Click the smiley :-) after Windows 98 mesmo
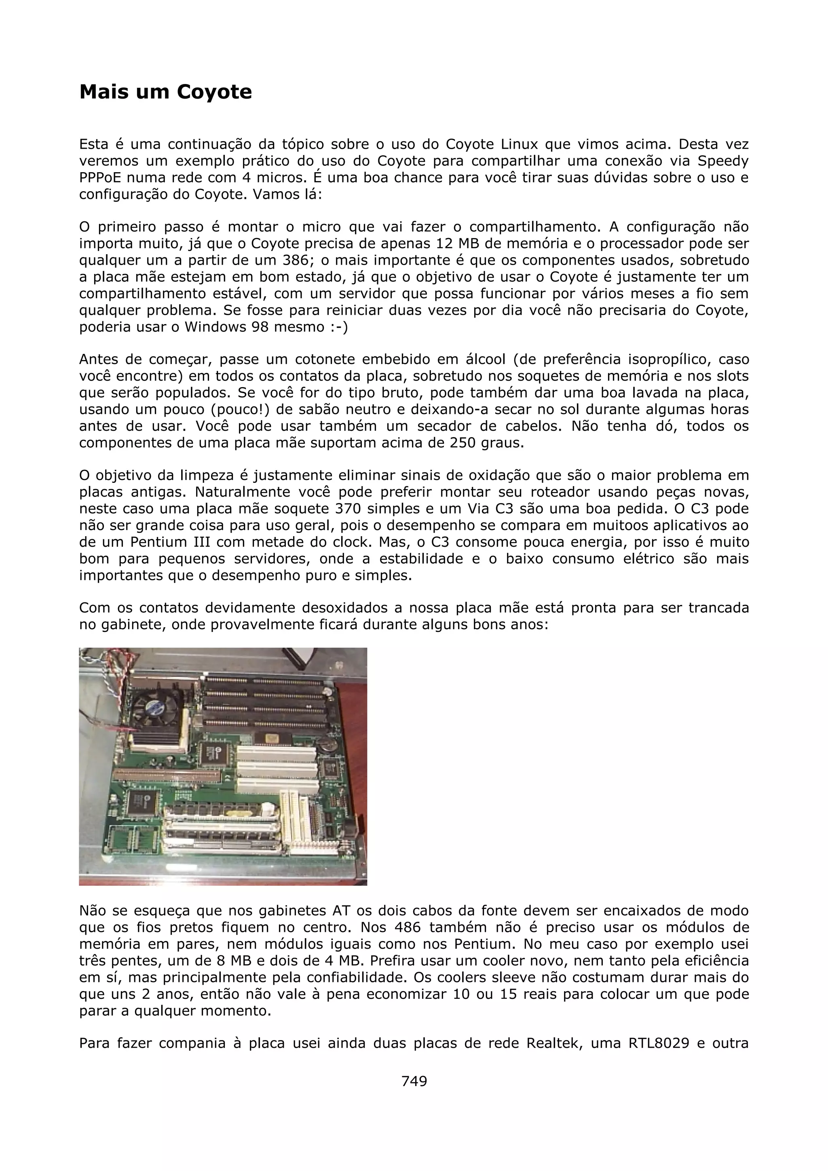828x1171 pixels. [x=337, y=327]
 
